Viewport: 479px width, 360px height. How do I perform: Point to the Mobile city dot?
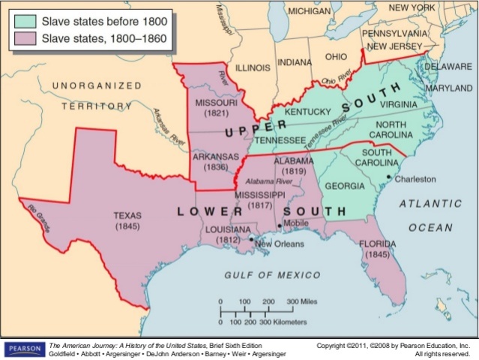tap(280, 225)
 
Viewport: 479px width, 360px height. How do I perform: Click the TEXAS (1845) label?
tap(127, 219)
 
